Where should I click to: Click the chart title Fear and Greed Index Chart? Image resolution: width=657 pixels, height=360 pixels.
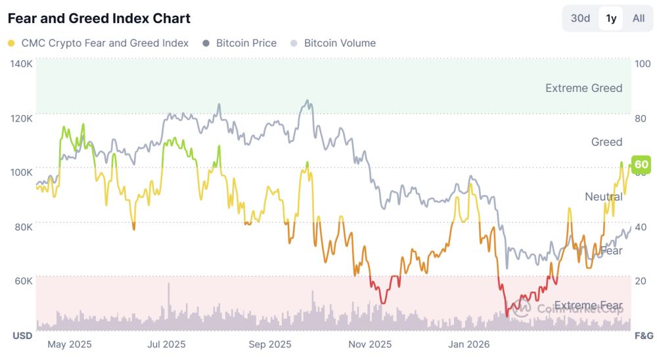(x=99, y=18)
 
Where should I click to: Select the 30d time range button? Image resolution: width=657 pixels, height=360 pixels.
(x=580, y=18)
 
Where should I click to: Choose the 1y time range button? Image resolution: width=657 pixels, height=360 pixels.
(x=611, y=18)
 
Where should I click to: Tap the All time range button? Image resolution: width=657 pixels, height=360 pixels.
(x=638, y=18)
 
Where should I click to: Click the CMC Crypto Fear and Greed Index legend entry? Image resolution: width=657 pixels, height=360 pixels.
(x=99, y=43)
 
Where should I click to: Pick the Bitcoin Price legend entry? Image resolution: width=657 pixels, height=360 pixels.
(x=240, y=43)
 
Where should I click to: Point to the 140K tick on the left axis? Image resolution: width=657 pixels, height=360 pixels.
(x=21, y=64)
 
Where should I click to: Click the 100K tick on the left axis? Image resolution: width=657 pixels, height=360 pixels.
(x=21, y=172)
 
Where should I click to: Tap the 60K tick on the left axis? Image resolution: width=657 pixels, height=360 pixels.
(x=22, y=281)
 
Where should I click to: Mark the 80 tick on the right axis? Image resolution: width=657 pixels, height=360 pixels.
(x=640, y=118)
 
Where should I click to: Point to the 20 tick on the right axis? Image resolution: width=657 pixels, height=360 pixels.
(x=640, y=281)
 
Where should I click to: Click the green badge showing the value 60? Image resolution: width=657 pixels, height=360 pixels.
(x=641, y=164)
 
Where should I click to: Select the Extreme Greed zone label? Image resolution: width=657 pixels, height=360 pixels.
(x=583, y=88)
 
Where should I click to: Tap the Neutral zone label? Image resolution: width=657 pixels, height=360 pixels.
(x=603, y=197)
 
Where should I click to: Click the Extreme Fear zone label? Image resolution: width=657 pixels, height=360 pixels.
(x=588, y=305)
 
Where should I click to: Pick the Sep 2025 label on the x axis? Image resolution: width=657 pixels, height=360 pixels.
(x=271, y=344)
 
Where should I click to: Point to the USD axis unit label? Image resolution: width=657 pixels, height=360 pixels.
(x=22, y=336)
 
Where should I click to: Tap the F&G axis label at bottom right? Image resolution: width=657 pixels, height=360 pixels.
(x=643, y=336)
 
